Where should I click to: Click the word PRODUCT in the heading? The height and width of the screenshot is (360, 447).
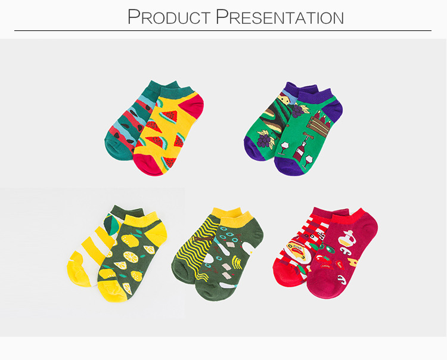point(169,17)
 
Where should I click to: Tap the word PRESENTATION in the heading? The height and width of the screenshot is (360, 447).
point(280,17)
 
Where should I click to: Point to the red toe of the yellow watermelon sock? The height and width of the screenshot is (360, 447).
point(148,165)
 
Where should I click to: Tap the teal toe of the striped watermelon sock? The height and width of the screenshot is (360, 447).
point(116,148)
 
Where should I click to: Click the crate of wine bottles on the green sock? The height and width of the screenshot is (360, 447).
point(319,125)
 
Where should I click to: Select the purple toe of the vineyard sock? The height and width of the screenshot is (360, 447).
point(254,149)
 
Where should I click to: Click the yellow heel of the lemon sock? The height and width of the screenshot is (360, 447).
point(157,231)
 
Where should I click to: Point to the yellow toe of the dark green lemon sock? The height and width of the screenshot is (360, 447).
point(112,291)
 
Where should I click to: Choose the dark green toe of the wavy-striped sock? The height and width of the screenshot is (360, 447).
point(182,271)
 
